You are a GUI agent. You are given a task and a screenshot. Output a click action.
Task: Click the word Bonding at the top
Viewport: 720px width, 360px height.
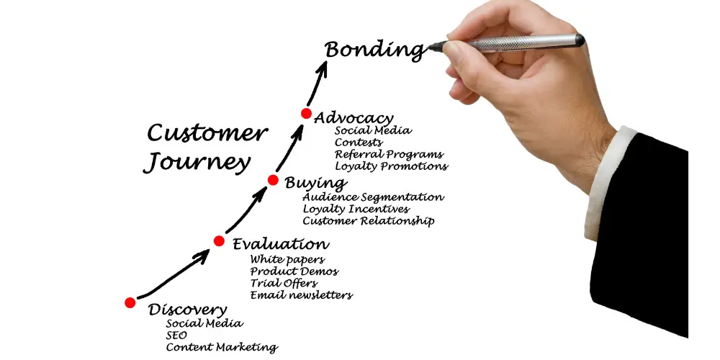coord(374,50)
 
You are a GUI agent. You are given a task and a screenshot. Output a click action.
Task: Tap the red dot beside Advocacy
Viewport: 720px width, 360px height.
coord(306,114)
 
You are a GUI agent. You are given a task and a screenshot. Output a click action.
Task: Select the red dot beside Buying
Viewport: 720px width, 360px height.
coord(273,179)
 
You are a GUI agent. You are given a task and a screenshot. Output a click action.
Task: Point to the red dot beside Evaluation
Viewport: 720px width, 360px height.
coord(219,241)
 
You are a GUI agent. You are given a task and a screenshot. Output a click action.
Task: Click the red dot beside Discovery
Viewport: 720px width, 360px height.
coord(130,302)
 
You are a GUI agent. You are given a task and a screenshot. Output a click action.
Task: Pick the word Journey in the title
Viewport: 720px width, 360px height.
coord(195,163)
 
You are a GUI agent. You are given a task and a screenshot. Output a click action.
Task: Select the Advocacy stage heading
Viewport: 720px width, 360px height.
coord(354,117)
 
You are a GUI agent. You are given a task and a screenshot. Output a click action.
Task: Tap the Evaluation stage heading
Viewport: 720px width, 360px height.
coord(281,244)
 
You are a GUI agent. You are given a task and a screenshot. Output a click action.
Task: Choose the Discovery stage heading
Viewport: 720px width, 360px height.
coord(187,310)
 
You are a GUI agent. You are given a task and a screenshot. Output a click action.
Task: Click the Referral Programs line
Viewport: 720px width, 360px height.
coord(389,154)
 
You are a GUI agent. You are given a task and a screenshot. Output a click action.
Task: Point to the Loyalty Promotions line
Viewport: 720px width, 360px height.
coord(391,166)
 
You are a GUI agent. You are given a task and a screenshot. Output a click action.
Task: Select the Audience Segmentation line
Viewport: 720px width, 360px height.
coord(373,197)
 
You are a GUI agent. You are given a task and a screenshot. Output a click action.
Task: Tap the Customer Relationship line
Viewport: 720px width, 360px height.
coord(368,221)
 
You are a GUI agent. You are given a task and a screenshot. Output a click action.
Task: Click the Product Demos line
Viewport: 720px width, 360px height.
coord(294,271)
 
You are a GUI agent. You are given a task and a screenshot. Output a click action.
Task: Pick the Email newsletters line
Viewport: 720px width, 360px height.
coord(301,295)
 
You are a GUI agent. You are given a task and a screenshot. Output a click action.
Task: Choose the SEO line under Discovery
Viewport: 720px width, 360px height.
coord(177,336)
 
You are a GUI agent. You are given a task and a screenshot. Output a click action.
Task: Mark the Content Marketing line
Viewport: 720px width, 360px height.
coord(221,348)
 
